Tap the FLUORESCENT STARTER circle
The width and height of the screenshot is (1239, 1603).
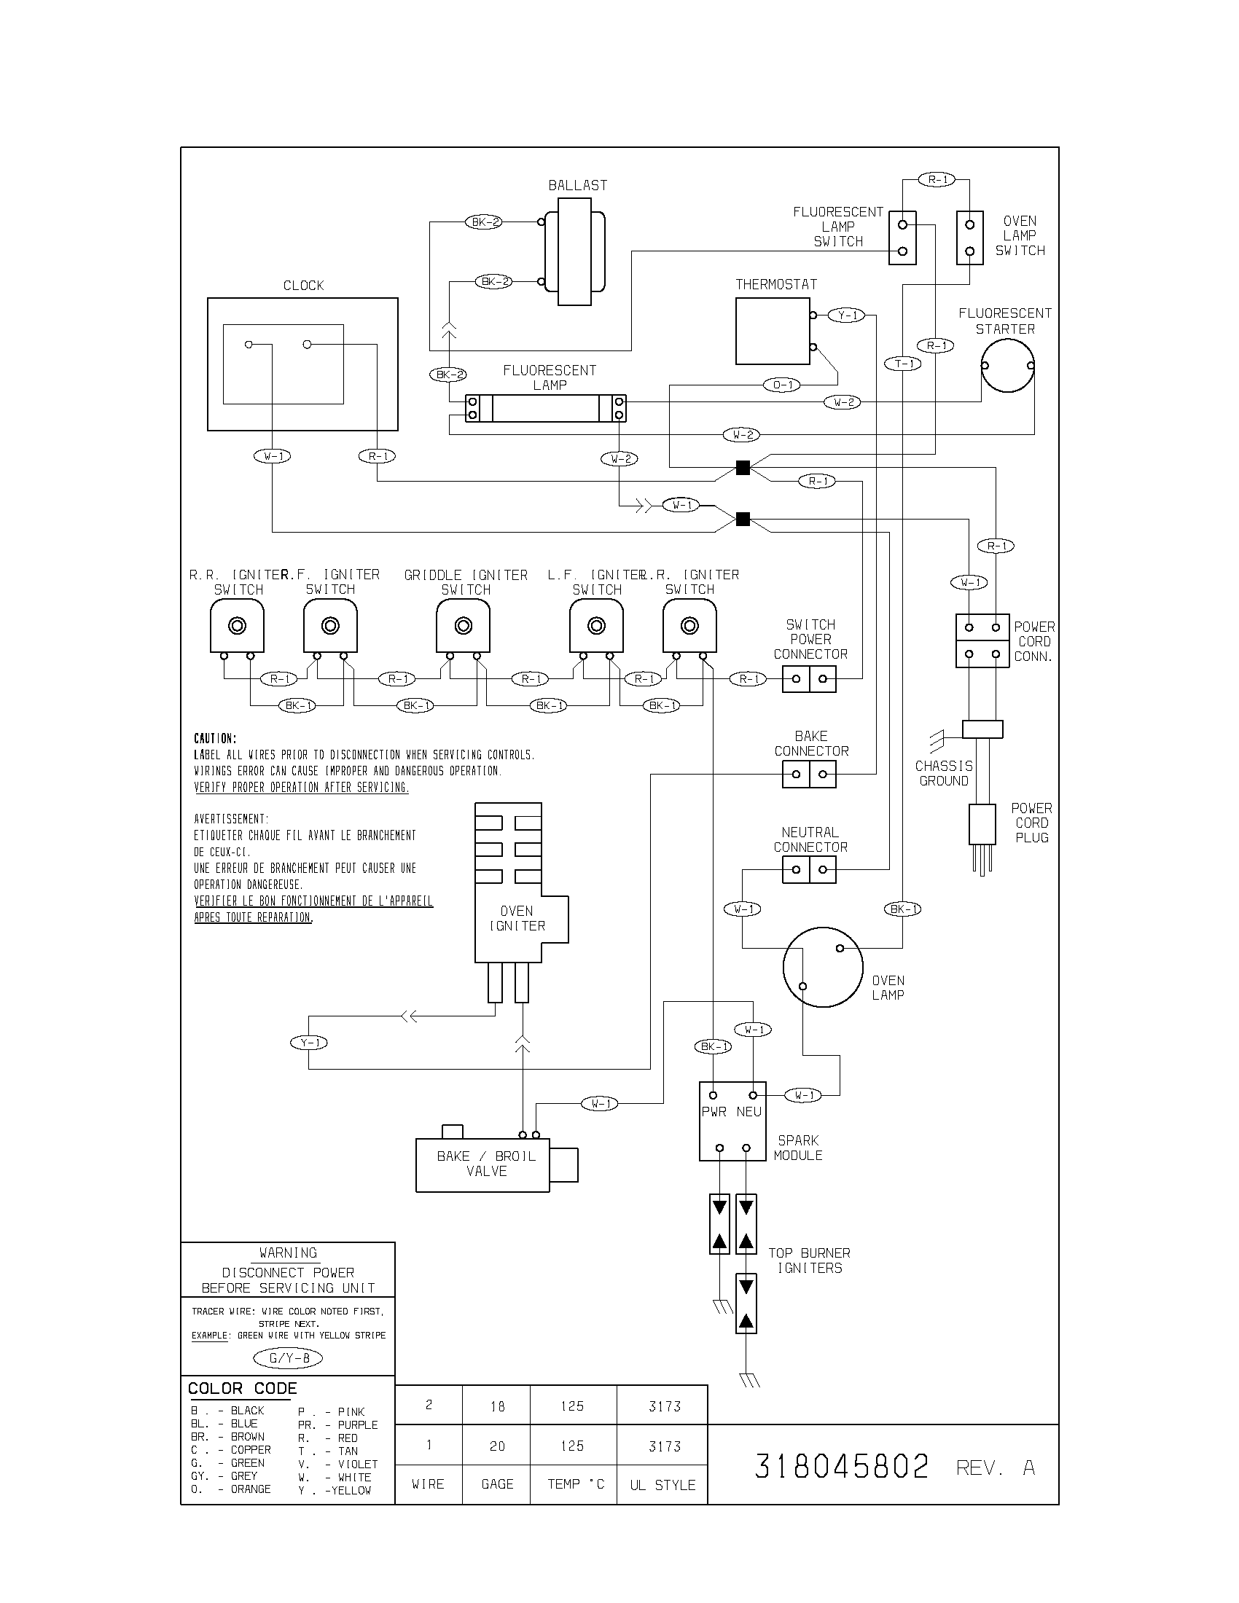pos(1008,366)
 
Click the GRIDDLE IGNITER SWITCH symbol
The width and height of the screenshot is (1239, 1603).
pos(462,626)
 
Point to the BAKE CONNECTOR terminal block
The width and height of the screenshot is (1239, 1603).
pos(809,775)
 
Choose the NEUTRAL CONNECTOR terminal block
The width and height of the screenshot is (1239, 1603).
pos(809,870)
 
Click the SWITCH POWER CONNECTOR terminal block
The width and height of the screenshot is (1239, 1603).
pos(809,679)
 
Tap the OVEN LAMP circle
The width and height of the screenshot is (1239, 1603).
pos(822,967)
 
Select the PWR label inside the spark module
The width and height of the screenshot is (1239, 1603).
pos(714,1112)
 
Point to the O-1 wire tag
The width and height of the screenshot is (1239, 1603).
pos(783,385)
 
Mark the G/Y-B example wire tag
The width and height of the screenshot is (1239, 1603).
pos(288,1358)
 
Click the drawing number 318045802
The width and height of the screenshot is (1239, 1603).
pos(841,1467)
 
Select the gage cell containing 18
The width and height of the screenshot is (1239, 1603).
pos(497,1406)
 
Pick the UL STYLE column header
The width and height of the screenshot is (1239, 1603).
pos(662,1485)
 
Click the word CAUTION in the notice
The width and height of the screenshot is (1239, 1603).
pos(215,738)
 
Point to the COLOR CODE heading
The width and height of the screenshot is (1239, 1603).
pos(242,1388)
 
